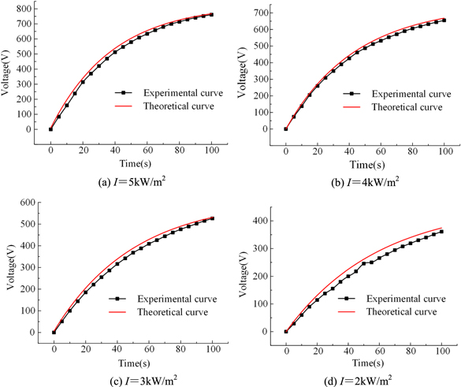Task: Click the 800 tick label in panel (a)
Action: pos(23,6)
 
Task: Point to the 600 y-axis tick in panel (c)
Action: pos(26,203)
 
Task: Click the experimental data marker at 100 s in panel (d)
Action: pos(441,232)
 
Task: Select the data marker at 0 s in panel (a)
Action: pos(50,129)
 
